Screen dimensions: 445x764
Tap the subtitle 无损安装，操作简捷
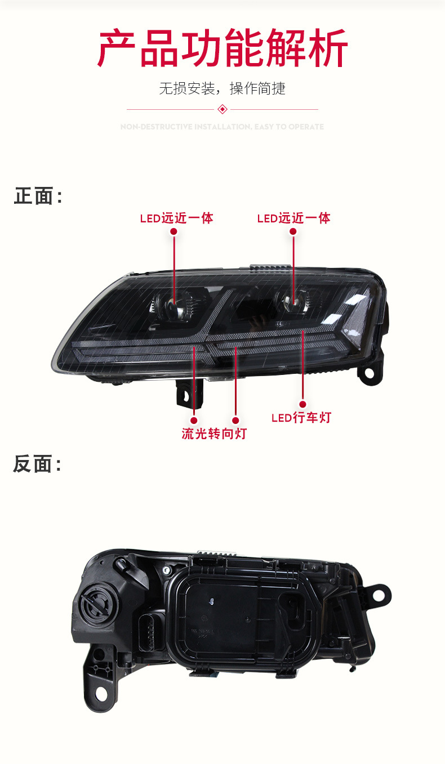tap(222, 88)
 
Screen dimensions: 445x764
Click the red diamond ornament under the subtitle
tap(222, 109)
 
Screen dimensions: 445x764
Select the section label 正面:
tap(38, 196)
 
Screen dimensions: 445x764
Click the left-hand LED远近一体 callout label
tap(176, 218)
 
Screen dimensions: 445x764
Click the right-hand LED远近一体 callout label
tap(293, 218)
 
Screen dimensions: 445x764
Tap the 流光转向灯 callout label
tap(214, 434)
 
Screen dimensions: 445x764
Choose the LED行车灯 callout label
tap(301, 418)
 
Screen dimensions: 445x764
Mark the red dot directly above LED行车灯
tap(302, 404)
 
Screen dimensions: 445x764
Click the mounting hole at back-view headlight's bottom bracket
tap(102, 693)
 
